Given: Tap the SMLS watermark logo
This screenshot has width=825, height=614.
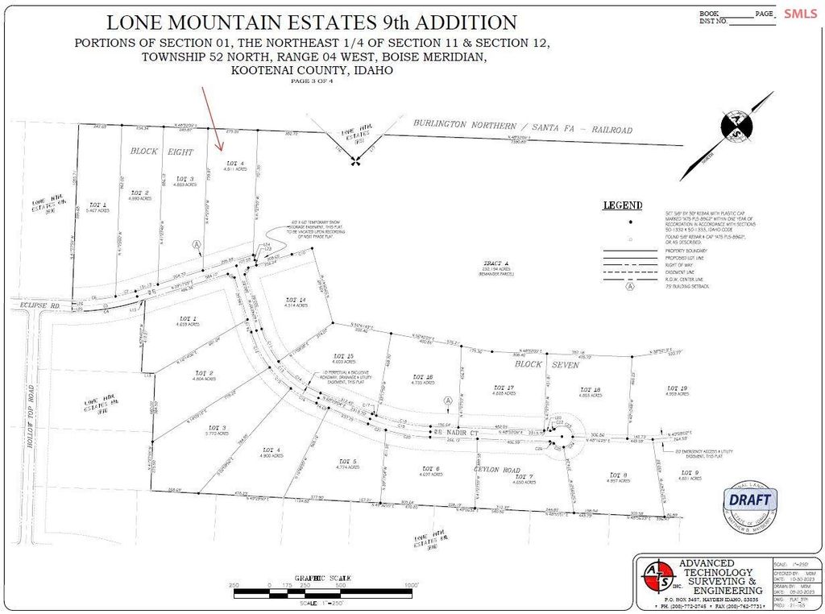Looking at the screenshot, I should (799, 13).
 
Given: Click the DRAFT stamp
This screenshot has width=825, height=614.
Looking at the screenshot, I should (750, 500).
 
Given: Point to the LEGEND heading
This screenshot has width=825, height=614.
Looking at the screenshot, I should (623, 205).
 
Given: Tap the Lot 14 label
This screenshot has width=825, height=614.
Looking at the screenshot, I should (296, 300).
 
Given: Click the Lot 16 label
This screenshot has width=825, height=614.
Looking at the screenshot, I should (423, 377).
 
